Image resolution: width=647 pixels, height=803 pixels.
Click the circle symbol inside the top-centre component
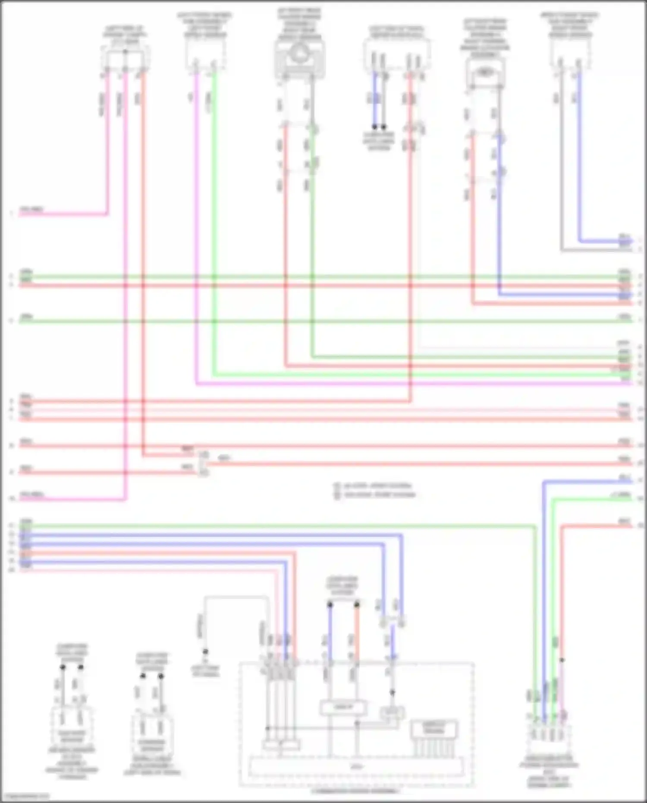pyautogui.click(x=298, y=54)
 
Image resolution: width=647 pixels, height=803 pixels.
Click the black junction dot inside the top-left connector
pyautogui.click(x=125, y=52)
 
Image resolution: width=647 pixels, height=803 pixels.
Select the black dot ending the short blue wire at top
pyautogui.click(x=374, y=127)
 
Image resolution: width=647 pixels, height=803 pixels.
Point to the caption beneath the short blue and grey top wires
pyautogui.click(x=379, y=141)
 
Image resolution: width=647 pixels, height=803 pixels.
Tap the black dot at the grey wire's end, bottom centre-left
pyautogui.click(x=205, y=651)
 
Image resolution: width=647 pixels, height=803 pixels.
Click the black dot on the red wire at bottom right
pyautogui.click(x=562, y=660)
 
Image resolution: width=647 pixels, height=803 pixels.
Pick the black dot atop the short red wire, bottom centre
pyautogui.click(x=357, y=605)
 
